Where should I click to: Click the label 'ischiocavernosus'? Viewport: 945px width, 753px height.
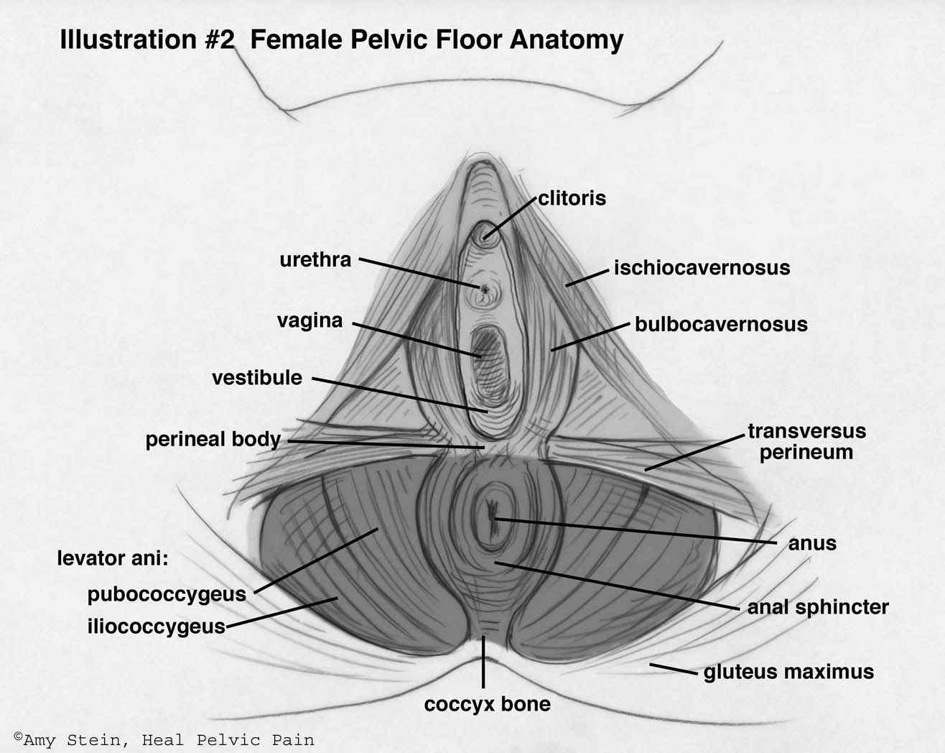702,268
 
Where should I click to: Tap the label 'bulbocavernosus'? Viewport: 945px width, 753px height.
721,324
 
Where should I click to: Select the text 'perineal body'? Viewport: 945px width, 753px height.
213,439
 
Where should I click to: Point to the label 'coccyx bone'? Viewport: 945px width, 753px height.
487,704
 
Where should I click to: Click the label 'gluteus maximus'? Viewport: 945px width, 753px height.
788,673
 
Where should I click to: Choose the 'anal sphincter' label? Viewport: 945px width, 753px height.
818,608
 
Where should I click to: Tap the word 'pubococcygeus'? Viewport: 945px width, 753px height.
167,595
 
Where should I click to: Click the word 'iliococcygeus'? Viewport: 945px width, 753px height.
156,627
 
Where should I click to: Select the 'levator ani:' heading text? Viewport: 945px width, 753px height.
113,558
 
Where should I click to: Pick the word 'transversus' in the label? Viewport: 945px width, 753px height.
806,431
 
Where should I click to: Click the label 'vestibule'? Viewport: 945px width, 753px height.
256,378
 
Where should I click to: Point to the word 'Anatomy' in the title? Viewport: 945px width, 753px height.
567,40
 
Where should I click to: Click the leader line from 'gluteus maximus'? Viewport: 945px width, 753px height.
673,669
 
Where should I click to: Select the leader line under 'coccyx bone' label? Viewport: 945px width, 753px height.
483,662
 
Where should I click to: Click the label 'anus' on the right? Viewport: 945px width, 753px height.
812,543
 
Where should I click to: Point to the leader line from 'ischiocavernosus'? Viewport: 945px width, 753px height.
587,278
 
